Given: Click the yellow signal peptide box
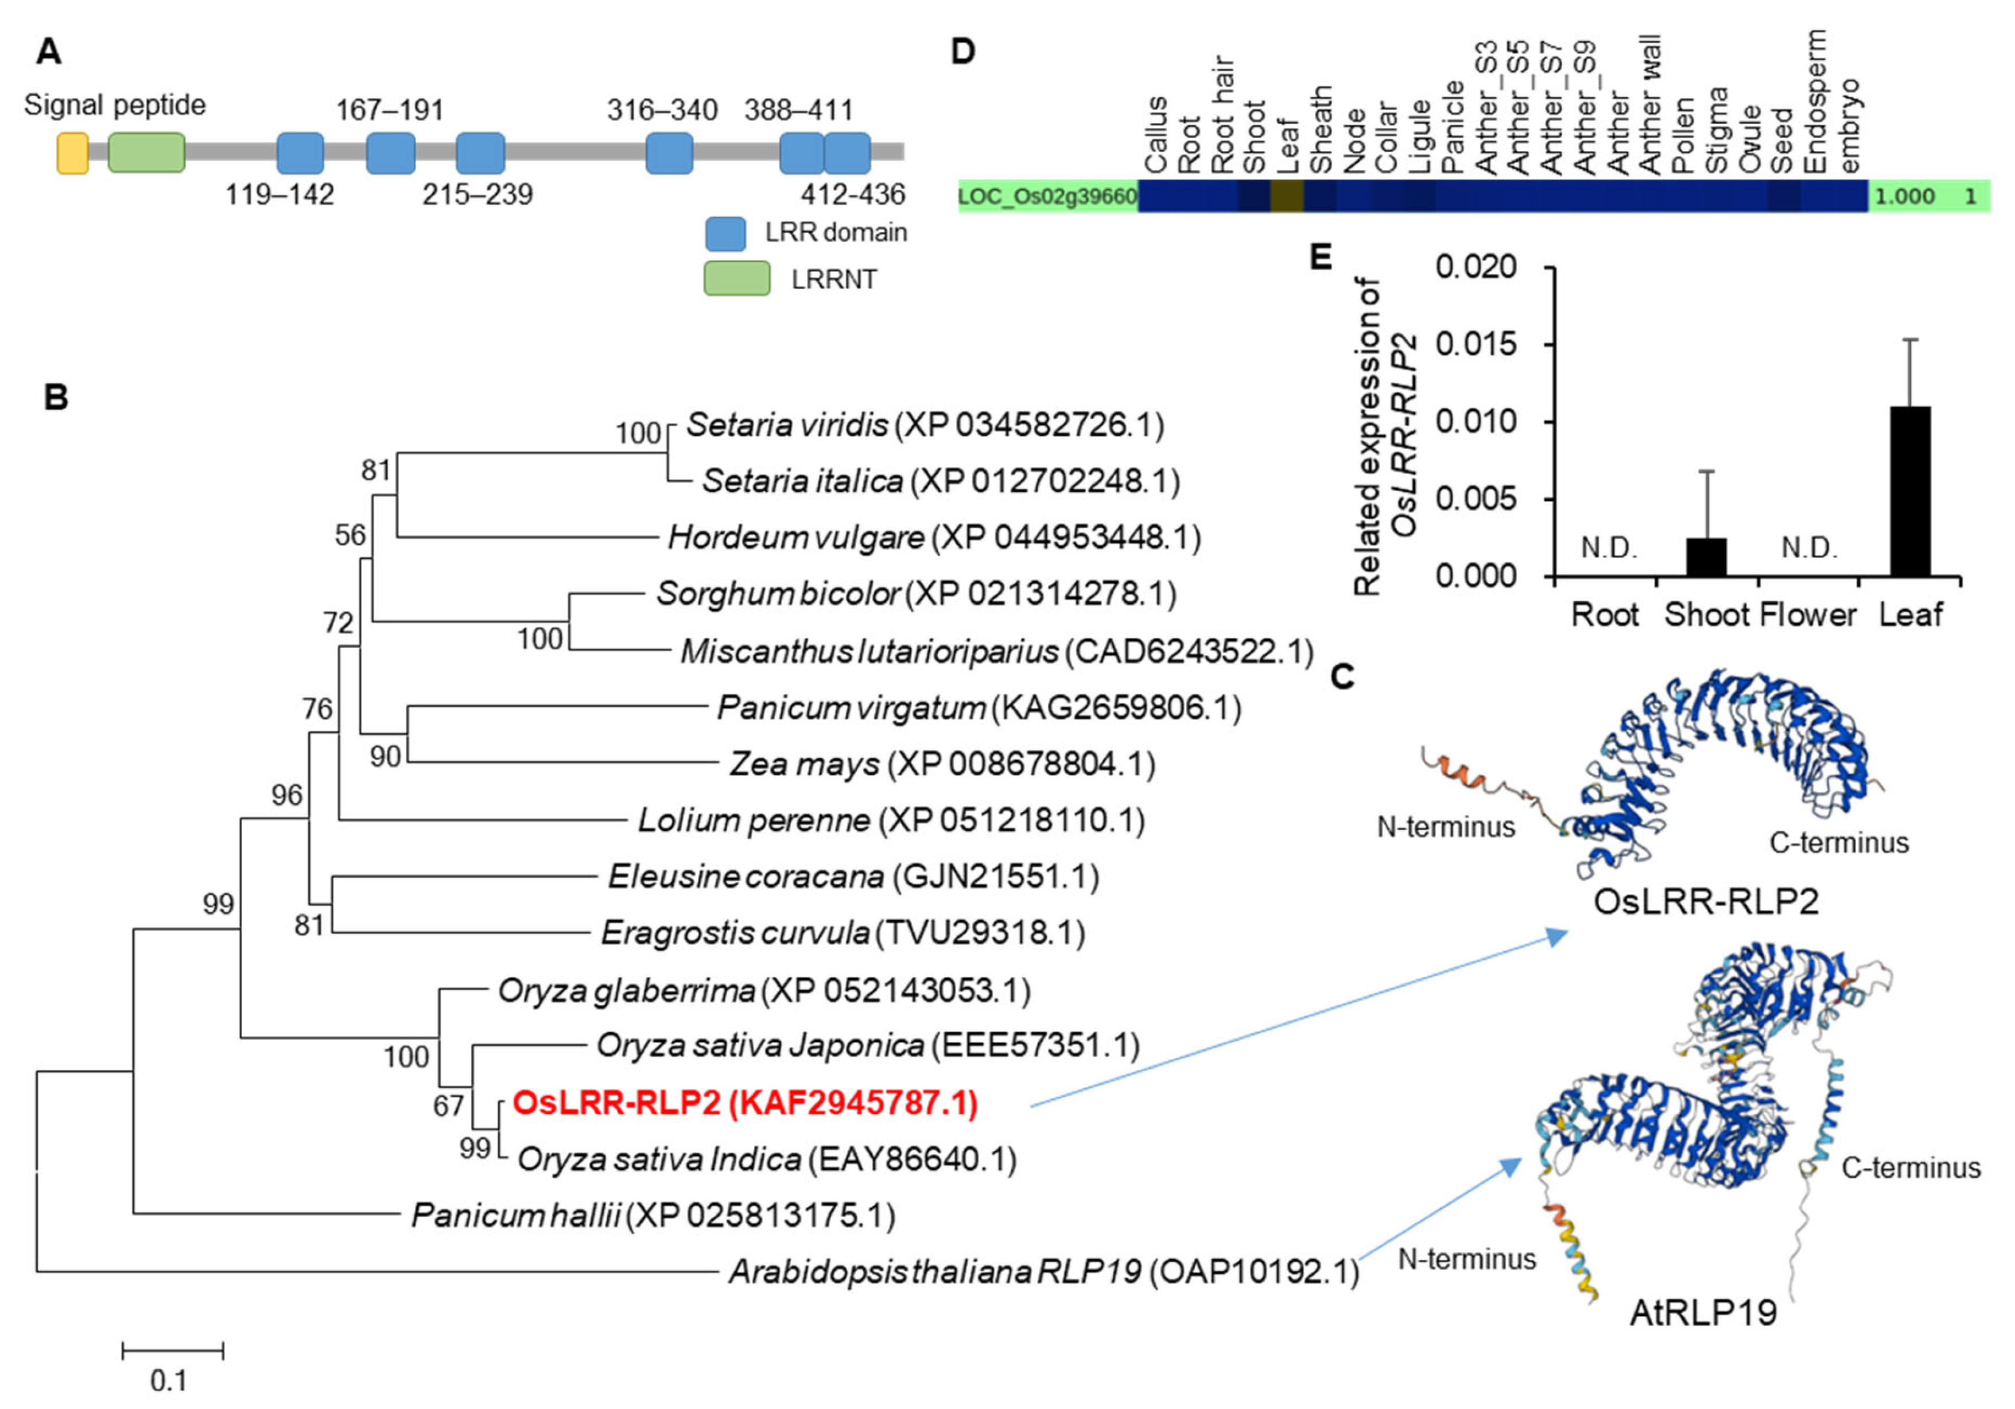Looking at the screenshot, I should (x=72, y=153).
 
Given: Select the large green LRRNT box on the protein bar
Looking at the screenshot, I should (x=146, y=153).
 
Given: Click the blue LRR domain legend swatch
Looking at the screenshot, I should (x=725, y=233).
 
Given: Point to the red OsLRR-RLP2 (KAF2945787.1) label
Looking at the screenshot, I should (x=744, y=1103).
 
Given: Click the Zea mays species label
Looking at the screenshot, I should (x=804, y=764).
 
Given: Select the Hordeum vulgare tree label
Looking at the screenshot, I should (x=796, y=537).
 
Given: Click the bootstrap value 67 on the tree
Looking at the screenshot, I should (x=448, y=1106).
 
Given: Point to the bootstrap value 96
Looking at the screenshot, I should (x=287, y=795).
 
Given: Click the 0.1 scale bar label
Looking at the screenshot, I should (x=169, y=1381).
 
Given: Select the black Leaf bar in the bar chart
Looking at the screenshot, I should (x=1909, y=491).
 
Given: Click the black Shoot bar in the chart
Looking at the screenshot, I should (x=1707, y=557).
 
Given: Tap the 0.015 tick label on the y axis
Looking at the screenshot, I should (x=1476, y=344).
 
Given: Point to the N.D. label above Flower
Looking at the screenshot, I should (x=1809, y=548).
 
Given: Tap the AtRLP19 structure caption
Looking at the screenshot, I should (x=1703, y=1313).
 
